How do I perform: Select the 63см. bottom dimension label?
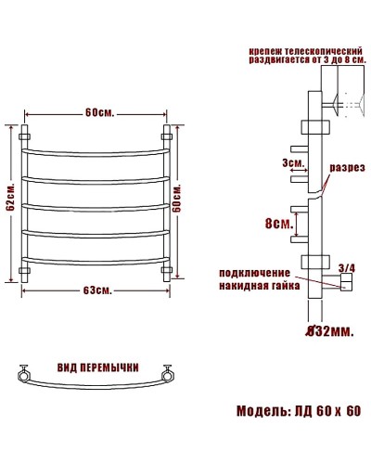click(x=97, y=290)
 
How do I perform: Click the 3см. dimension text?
click(x=293, y=163)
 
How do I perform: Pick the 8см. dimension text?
click(x=280, y=224)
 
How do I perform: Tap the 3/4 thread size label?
click(x=347, y=268)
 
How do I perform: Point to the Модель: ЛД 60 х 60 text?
click(x=298, y=411)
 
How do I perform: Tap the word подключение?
click(x=254, y=273)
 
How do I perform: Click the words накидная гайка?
click(x=259, y=286)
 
